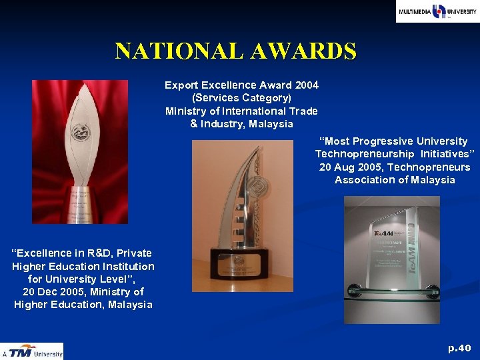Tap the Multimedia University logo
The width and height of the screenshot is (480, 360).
[x=437, y=11]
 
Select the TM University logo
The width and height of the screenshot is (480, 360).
[x=32, y=351]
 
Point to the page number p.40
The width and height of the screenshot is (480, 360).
[x=459, y=348]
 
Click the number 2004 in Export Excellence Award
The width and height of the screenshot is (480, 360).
[x=306, y=85]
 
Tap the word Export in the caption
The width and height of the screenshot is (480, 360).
[x=181, y=85]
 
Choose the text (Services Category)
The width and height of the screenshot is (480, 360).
[x=241, y=98]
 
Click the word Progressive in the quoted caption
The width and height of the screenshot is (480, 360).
[x=383, y=141]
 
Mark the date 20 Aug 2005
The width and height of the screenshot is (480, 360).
[x=349, y=167]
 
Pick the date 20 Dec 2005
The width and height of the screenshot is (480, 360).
[x=52, y=292]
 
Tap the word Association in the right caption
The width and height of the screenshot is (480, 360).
[x=367, y=180]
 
